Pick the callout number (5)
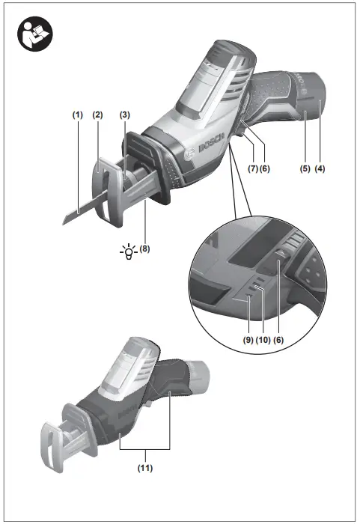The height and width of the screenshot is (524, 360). point(305,169)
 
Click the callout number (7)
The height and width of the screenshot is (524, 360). point(253,169)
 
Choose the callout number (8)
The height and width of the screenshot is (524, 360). point(144,249)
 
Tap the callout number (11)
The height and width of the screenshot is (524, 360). point(146,469)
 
